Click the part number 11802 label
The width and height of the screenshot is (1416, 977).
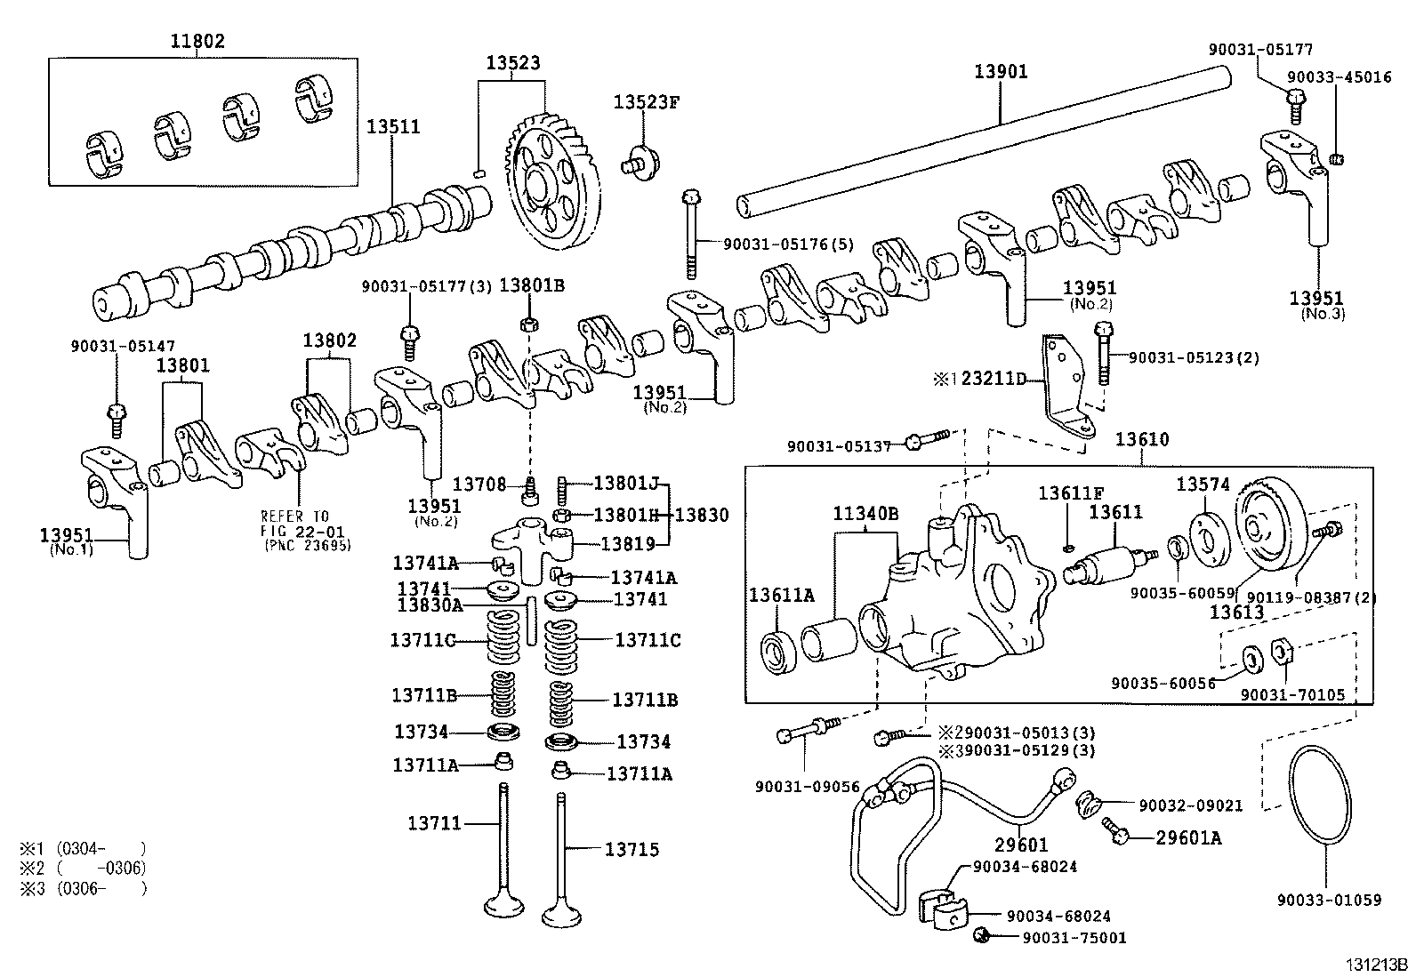coord(197,41)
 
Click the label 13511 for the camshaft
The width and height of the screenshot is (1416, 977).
coord(393,127)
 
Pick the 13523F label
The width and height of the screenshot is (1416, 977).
coord(646,102)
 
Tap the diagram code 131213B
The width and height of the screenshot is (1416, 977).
coord(1375,964)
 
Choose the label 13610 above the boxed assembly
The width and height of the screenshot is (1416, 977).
coord(1142,440)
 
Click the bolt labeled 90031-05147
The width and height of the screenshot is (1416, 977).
coord(117,417)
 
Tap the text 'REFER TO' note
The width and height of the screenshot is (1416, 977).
coord(294,517)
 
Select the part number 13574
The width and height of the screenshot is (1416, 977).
coord(1203,484)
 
